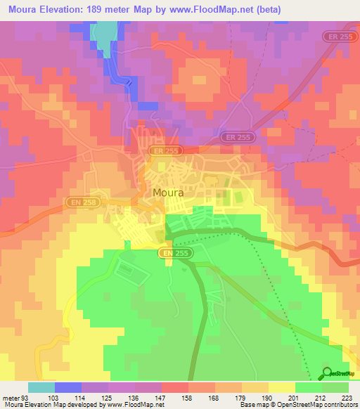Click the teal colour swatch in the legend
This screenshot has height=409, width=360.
(x=41, y=387)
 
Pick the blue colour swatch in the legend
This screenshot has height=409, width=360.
(x=68, y=387)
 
